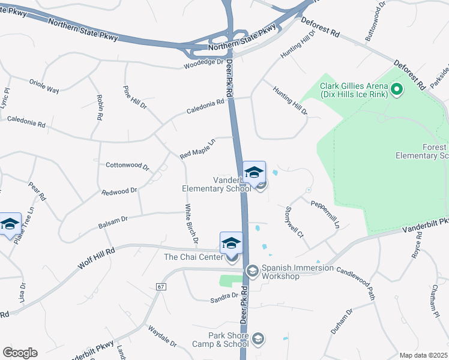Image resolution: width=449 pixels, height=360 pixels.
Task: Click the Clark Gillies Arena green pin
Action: point(396,91)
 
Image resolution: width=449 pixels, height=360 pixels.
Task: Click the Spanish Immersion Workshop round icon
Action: point(252,272)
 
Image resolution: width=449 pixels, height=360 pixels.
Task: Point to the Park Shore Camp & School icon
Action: point(258,340)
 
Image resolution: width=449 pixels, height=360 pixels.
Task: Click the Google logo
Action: point(20,353)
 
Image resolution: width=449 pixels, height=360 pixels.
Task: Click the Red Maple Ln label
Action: point(197,149)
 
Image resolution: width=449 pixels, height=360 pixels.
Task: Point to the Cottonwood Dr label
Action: point(127,165)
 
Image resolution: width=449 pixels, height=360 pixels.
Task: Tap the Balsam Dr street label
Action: point(112,223)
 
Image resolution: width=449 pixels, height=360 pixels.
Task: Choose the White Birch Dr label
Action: point(191,223)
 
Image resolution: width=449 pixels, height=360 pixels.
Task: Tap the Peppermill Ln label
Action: point(325,213)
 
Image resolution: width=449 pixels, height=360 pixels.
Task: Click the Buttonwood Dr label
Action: point(373,22)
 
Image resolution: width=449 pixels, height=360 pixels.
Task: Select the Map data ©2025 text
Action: point(423,355)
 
